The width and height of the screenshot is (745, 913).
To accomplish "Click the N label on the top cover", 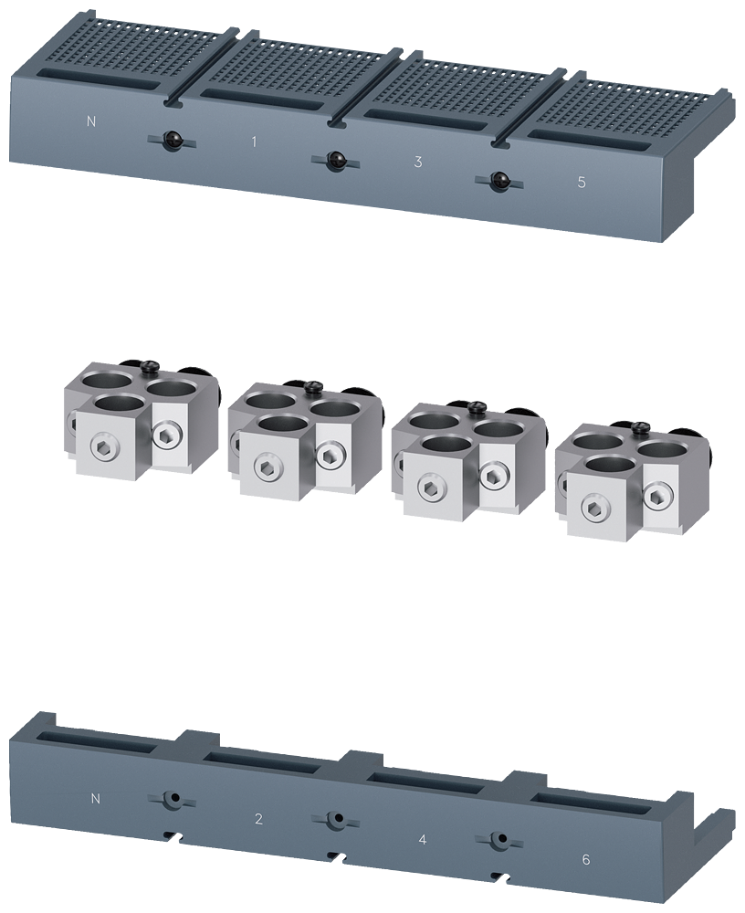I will pos(90,121).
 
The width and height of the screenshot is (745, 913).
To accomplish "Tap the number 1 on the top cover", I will pos(254,142).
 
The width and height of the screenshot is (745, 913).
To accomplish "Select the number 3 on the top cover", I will pos(417,162).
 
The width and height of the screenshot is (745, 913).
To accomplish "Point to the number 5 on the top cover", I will pos(582,182).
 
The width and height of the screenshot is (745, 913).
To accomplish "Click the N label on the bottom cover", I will pos(96,799).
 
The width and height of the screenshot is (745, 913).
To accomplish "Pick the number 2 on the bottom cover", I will pos(258,819).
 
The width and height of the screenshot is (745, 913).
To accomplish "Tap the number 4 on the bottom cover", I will pos(422,838).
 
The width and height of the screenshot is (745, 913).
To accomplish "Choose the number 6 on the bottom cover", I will pos(585,859).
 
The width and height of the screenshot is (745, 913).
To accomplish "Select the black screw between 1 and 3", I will pos(335,160).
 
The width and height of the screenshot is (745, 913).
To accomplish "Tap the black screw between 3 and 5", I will pos(498,180).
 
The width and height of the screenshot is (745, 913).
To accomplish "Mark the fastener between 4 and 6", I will pos(498,839).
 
